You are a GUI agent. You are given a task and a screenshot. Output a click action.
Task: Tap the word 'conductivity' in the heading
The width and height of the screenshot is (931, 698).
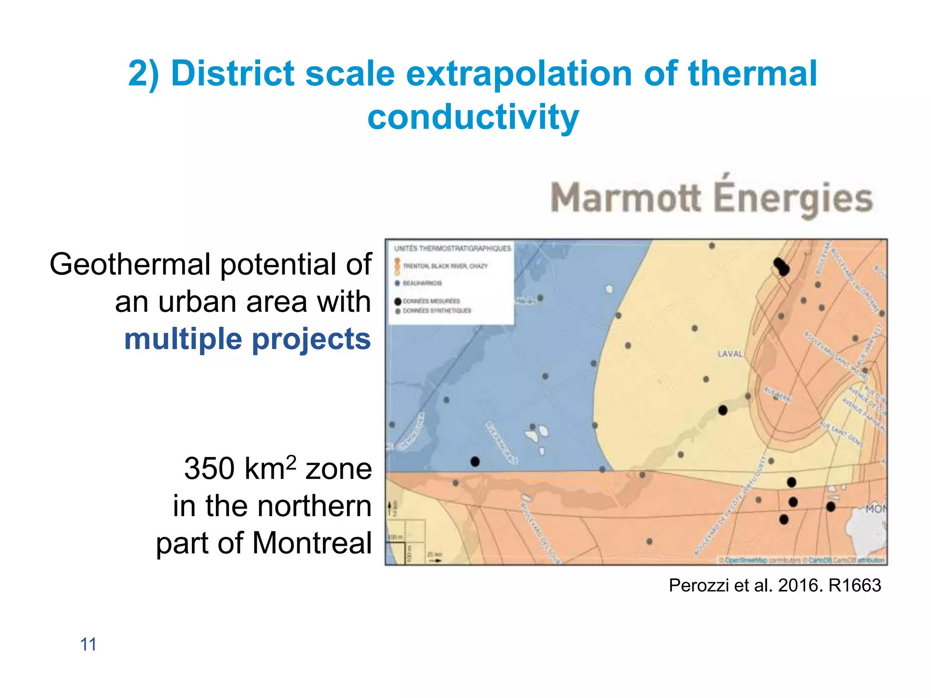click(473, 117)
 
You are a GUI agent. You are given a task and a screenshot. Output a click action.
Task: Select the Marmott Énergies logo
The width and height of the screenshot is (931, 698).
click(711, 198)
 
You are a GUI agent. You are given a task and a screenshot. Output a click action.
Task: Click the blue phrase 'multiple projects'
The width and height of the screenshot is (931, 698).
click(247, 339)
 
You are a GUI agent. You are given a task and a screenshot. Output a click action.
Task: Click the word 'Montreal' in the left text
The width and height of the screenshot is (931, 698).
click(312, 543)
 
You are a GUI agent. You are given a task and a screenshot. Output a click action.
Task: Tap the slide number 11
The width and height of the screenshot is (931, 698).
click(88, 644)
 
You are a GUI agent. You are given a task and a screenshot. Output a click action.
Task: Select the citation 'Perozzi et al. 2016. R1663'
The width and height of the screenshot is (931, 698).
click(775, 585)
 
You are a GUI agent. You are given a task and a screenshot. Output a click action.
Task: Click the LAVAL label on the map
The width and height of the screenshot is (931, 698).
click(730, 354)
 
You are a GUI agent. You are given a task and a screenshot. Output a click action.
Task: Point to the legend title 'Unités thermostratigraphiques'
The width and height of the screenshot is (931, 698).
click(452, 249)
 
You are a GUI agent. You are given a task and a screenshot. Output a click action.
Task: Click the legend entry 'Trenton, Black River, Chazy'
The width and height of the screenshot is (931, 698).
click(445, 266)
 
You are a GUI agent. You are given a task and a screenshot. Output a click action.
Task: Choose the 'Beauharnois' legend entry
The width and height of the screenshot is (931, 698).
click(422, 283)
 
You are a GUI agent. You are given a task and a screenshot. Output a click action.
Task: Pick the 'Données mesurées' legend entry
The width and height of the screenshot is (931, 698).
click(431, 301)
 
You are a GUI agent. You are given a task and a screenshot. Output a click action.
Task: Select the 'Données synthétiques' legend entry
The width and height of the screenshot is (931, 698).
click(436, 311)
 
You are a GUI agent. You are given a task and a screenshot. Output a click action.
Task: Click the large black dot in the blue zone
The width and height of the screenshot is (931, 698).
click(475, 462)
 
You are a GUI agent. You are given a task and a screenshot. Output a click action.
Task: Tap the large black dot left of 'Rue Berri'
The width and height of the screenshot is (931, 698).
click(723, 410)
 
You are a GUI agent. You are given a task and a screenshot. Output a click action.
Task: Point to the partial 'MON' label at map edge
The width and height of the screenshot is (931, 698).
click(876, 509)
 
